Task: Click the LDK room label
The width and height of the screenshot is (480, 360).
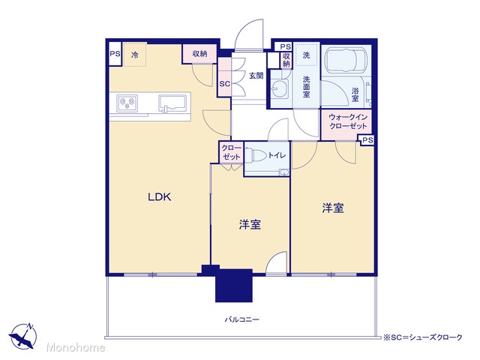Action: click(160, 196)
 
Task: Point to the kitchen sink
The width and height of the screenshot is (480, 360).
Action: click(172, 103)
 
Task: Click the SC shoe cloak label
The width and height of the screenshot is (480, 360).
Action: click(225, 83)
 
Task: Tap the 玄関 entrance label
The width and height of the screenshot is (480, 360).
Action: click(256, 75)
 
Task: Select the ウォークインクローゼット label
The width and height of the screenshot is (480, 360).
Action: click(348, 121)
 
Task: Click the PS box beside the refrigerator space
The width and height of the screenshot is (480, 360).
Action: click(115, 54)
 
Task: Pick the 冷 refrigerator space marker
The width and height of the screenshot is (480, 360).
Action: click(135, 55)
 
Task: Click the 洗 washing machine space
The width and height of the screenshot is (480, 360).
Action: click(307, 55)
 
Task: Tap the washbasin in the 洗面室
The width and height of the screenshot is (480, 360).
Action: click(280, 88)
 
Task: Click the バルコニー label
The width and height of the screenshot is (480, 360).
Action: click(242, 320)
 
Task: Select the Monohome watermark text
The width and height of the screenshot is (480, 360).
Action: click(76, 347)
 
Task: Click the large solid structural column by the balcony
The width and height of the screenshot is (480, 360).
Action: click(234, 285)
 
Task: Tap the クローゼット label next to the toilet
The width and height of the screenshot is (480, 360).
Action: click(232, 152)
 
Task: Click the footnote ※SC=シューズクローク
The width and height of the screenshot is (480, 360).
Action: click(423, 337)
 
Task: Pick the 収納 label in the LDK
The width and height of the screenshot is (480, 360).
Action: click(200, 54)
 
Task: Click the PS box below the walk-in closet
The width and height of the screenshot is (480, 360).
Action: click(368, 140)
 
